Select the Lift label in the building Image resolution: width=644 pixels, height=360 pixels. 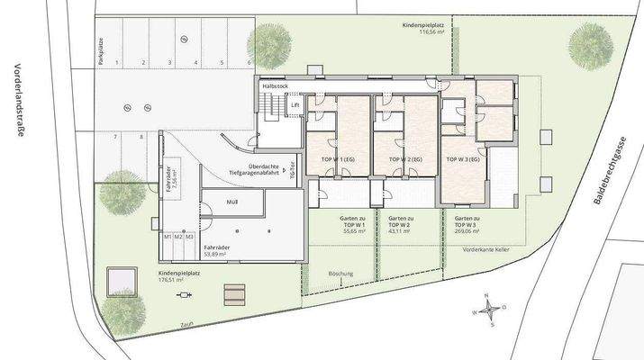[x=294, y=105]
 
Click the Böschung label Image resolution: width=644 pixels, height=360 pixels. [x=341, y=273]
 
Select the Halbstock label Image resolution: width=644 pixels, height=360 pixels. [x=275, y=85]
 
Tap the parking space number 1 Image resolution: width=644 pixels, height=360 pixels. [x=117, y=64]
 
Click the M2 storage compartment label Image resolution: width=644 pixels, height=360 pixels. [x=178, y=236]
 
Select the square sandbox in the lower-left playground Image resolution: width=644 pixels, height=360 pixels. [x=120, y=282]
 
